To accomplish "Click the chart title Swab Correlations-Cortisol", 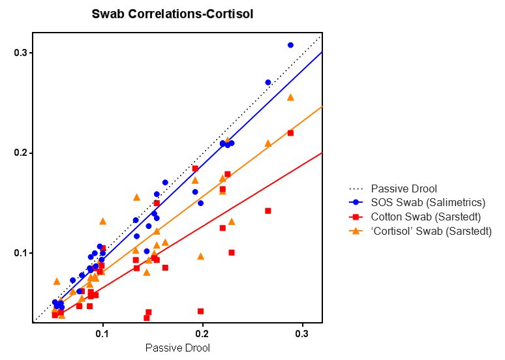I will pyautogui.click(x=172, y=14).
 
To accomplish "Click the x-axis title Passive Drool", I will pyautogui.click(x=177, y=348).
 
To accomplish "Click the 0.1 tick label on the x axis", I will pyautogui.click(x=102, y=334).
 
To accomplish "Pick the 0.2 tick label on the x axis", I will pyautogui.click(x=202, y=334).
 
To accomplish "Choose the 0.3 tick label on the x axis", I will pyautogui.click(x=302, y=334).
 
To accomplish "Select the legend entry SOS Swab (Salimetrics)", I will pyautogui.click(x=427, y=202).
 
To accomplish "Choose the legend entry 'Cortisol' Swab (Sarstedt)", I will pyautogui.click(x=431, y=231).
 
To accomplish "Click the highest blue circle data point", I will pyautogui.click(x=290, y=45).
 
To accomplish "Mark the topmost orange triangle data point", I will pyautogui.click(x=290, y=97).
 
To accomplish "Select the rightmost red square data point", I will pyautogui.click(x=290, y=133).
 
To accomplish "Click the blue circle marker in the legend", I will pyautogui.click(x=356, y=202).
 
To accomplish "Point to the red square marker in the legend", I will pyautogui.click(x=356, y=217).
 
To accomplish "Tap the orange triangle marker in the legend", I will pyautogui.click(x=356, y=231).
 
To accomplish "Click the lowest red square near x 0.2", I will pyautogui.click(x=200, y=311).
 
